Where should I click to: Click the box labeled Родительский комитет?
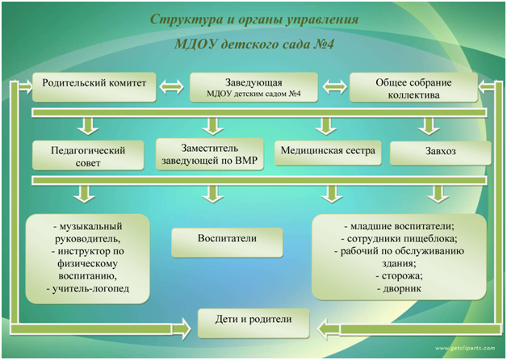tap(94, 87)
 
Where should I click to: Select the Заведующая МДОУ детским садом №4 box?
tap(253, 87)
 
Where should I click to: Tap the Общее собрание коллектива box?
tap(413, 87)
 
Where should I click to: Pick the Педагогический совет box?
tap(88, 155)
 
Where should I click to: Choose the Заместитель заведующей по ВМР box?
tap(210, 154)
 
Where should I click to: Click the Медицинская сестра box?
tap(328, 153)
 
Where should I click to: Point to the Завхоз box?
tap(440, 153)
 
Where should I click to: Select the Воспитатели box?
tap(227, 243)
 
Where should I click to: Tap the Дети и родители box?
tap(253, 324)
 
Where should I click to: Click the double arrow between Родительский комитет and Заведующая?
tap(172, 87)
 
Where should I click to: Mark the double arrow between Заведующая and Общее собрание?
tap(335, 87)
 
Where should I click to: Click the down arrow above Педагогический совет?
tap(88, 127)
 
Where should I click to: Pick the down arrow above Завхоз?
tap(429, 127)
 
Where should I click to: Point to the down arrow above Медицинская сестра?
tap(326, 127)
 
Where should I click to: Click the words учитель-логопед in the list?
tap(91, 289)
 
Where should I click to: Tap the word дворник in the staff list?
tap(402, 289)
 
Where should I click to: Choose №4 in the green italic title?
tap(323, 44)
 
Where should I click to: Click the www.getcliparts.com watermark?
tap(465, 349)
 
